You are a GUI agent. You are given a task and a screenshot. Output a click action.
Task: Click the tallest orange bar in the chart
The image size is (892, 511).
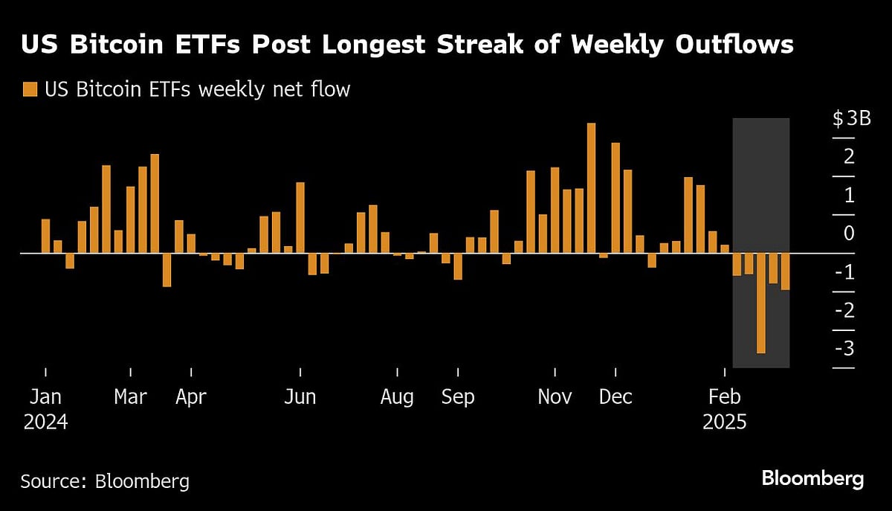click(591, 188)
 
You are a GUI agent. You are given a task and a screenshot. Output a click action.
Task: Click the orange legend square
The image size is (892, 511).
click(30, 90)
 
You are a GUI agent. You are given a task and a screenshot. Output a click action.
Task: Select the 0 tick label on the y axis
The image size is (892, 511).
click(849, 234)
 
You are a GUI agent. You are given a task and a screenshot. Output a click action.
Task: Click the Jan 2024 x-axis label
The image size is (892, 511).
click(45, 409)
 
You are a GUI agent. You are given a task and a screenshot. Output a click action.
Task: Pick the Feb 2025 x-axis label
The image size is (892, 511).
click(725, 409)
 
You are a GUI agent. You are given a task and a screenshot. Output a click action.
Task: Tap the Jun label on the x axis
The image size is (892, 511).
click(300, 397)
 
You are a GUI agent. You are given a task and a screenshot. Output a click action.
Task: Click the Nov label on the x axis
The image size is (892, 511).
click(555, 397)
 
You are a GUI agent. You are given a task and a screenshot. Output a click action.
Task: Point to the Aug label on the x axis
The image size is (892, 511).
click(397, 397)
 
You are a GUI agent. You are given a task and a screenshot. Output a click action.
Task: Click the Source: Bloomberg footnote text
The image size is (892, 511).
click(105, 481)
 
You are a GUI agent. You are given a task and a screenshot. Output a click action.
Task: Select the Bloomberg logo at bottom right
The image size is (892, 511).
click(812, 478)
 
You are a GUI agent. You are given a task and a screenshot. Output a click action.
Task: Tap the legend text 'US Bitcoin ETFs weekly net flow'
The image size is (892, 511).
click(197, 90)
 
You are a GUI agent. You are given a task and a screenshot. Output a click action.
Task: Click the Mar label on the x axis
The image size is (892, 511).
click(131, 397)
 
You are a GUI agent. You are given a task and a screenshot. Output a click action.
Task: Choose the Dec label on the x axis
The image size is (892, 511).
click(615, 397)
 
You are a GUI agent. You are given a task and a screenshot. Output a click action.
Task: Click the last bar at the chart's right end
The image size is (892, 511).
click(785, 271)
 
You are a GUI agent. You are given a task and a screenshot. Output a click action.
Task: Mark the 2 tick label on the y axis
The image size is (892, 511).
click(849, 158)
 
